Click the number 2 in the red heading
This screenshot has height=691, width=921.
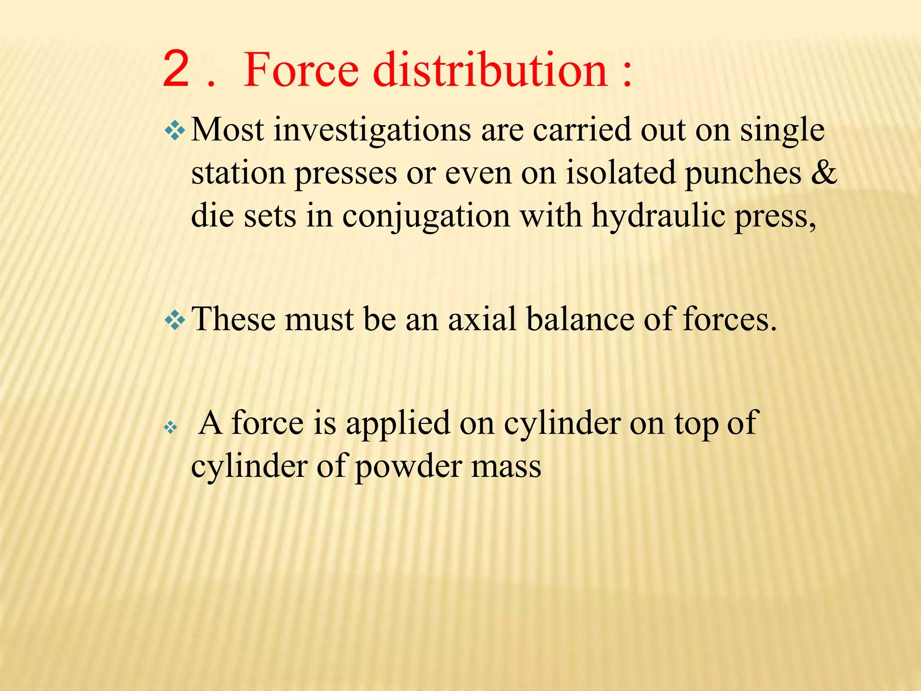[x=176, y=70]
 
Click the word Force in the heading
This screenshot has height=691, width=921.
[x=301, y=70]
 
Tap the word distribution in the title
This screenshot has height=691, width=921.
[x=491, y=70]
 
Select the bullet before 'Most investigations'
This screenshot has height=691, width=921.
[x=174, y=131]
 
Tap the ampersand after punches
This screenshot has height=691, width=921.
[x=824, y=173]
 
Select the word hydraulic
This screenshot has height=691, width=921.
[x=658, y=216]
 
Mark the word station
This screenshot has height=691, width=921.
[x=238, y=174]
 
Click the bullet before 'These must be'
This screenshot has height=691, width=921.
[x=174, y=321]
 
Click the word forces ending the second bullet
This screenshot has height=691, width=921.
[x=729, y=320]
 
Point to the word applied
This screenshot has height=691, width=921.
[x=398, y=424]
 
